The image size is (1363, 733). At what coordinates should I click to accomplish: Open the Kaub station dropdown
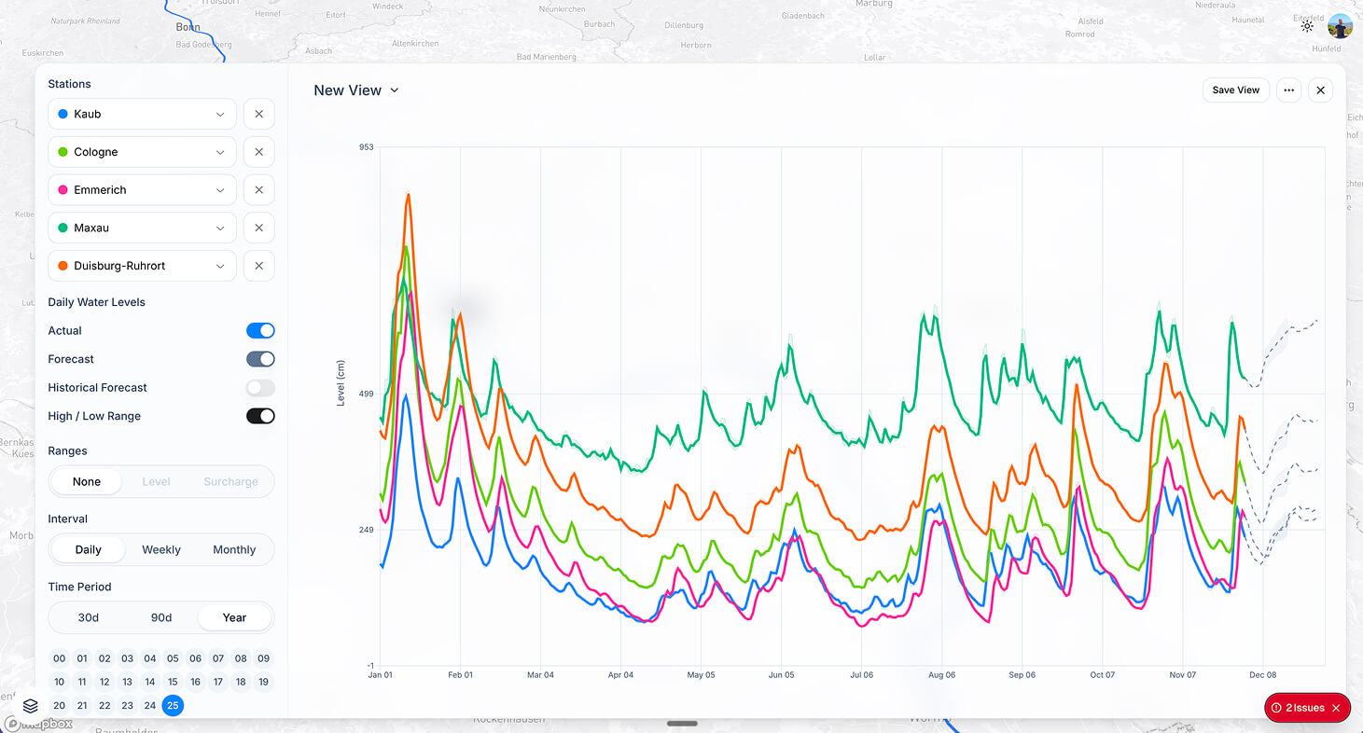(x=142, y=114)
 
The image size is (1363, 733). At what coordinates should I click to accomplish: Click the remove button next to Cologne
(x=258, y=152)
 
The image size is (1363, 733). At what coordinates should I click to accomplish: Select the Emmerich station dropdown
(x=142, y=190)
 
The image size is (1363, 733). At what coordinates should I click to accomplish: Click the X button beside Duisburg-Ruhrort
(x=258, y=266)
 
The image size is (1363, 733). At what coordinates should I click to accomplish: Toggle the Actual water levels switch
(x=260, y=331)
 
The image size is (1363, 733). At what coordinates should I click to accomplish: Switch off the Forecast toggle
(x=260, y=359)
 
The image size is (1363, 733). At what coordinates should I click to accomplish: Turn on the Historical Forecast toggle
(x=260, y=388)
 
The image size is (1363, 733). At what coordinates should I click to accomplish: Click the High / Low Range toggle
(x=260, y=416)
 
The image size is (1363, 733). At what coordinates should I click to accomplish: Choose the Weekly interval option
(x=161, y=550)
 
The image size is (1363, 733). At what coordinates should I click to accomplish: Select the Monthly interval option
(x=234, y=550)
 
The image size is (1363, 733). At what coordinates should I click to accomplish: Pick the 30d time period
(x=89, y=617)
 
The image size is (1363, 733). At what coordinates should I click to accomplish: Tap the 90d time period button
(x=161, y=617)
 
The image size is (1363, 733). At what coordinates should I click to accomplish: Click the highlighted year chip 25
(x=173, y=706)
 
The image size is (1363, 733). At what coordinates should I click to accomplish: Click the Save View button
(x=1235, y=90)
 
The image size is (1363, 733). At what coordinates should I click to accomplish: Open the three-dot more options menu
(x=1288, y=90)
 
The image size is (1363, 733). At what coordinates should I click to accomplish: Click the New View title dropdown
(x=356, y=90)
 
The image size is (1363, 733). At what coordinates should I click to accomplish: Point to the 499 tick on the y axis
(x=366, y=394)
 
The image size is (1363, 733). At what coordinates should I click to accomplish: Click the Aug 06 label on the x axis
(x=941, y=674)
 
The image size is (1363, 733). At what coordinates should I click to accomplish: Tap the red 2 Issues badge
(x=1306, y=708)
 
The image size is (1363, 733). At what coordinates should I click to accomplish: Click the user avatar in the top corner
(x=1340, y=26)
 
